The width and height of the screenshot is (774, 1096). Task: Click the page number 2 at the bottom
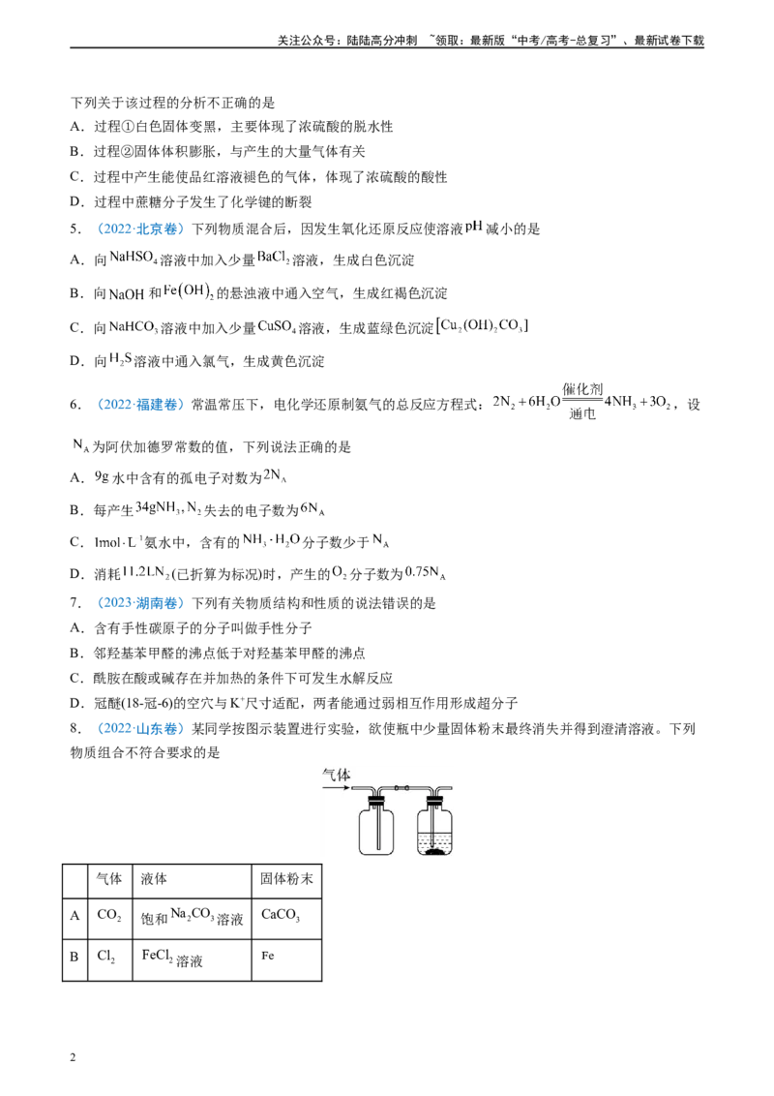pos(73,1057)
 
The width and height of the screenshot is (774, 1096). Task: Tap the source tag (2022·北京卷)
pos(138,229)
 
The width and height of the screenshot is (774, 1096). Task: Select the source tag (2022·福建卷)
pos(138,405)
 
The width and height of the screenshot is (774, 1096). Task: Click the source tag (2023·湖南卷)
pos(138,603)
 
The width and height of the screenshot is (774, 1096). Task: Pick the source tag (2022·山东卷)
pos(138,729)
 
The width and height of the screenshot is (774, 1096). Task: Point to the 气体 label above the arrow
pos(336,775)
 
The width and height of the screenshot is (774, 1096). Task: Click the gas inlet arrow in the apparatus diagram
pos(336,788)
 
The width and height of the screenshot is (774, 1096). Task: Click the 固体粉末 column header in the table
pos(286,878)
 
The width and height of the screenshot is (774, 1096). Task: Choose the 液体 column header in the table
pos(154,878)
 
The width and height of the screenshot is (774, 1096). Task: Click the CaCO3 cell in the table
pos(281,915)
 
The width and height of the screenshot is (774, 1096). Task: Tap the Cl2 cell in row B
pos(106,957)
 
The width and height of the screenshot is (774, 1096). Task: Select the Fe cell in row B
pos(268,956)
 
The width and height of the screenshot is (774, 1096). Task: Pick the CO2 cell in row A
pos(109,915)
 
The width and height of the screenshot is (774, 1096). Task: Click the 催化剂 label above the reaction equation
pos(582,389)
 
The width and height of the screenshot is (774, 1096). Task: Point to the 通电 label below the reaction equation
pos(581,413)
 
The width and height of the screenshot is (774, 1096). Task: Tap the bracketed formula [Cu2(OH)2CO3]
pos(482,325)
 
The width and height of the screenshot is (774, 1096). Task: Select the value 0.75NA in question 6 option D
pos(425,573)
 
